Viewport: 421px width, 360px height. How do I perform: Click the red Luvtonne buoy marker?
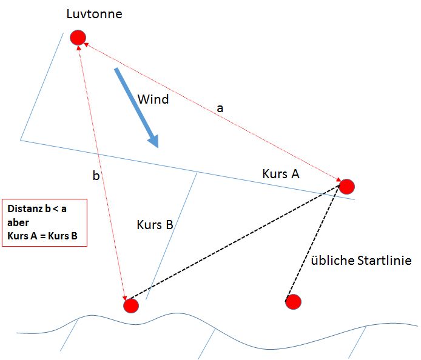[x=77, y=38]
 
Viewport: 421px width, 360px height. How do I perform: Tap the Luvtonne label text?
[x=94, y=13]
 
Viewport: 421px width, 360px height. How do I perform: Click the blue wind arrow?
[x=136, y=107]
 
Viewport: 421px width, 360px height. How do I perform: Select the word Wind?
[x=153, y=99]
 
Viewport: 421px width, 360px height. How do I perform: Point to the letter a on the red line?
[x=220, y=108]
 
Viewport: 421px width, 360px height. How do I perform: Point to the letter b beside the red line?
[x=96, y=176]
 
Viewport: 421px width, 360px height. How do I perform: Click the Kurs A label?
[x=281, y=174]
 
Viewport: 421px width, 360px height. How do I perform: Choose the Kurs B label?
[x=155, y=225]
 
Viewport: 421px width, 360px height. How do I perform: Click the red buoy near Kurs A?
[x=346, y=186]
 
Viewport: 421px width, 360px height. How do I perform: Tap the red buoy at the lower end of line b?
[x=130, y=305]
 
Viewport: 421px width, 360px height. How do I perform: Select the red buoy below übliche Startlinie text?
[x=293, y=301]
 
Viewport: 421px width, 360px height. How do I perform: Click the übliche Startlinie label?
[x=361, y=261]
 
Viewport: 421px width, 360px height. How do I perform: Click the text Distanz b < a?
[x=37, y=208]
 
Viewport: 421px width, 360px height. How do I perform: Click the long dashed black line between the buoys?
[x=237, y=243]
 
